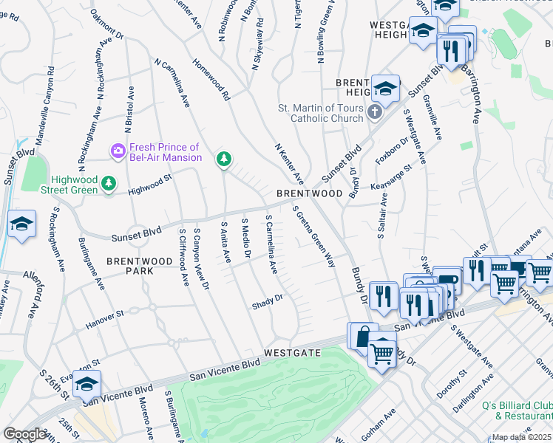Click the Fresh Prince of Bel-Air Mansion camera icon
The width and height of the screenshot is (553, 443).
[x=118, y=151]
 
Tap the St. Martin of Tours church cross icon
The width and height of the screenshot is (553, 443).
[x=375, y=113]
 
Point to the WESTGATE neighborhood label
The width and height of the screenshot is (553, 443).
[x=293, y=353]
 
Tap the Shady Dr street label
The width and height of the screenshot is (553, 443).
[x=268, y=301]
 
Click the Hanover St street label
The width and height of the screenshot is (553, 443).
[x=104, y=317]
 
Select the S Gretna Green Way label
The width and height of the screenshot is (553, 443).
[x=313, y=236]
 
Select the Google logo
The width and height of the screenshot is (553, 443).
[x=25, y=434]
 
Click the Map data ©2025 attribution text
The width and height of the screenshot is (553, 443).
[x=522, y=437]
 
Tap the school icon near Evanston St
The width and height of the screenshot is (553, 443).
[x=86, y=383]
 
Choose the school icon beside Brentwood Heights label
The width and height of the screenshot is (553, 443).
[x=385, y=89]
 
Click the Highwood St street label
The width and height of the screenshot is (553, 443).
[x=149, y=182]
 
